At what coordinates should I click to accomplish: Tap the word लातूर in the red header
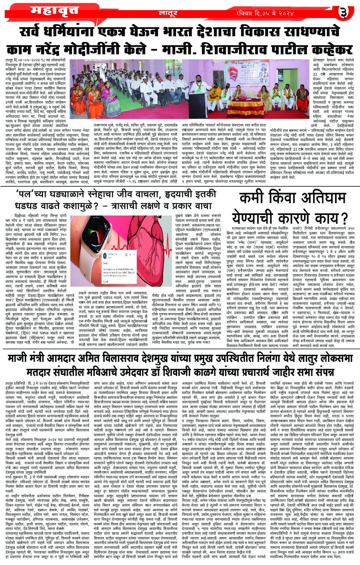[x=168, y=14]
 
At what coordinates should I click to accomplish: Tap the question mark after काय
[x=342, y=218]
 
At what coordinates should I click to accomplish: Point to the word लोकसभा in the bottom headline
[x=335, y=359]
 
